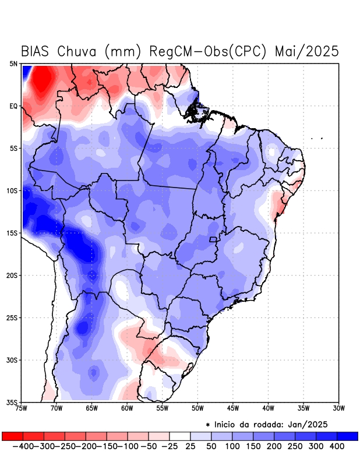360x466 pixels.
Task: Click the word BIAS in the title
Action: pyautogui.click(x=37, y=51)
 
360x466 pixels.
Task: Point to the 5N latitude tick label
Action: pyautogui.click(x=13, y=64)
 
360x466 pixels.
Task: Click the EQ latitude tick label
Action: pyautogui.click(x=13, y=106)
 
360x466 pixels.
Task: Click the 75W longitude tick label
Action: pyautogui.click(x=22, y=408)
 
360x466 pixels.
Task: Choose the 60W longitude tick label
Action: pyautogui.click(x=127, y=408)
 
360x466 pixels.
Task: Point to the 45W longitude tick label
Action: pyautogui.click(x=233, y=408)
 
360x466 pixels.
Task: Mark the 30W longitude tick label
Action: pyautogui.click(x=338, y=408)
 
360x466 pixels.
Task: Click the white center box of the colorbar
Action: pyautogui.click(x=179, y=436)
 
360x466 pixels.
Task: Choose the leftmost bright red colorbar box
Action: pyautogui.click(x=12, y=436)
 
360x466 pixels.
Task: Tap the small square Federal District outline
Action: pyautogui.click(x=213, y=239)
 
